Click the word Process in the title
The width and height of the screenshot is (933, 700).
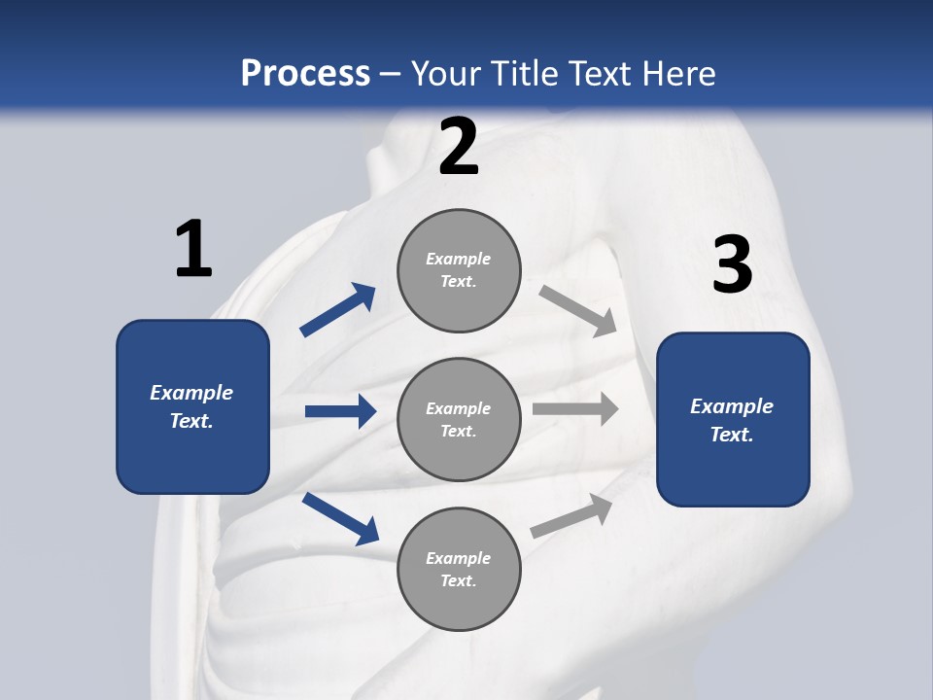pyautogui.click(x=305, y=73)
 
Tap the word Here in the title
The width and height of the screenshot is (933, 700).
pyautogui.click(x=678, y=73)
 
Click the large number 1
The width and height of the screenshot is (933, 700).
pyautogui.click(x=193, y=250)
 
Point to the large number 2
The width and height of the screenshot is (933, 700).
pyautogui.click(x=459, y=147)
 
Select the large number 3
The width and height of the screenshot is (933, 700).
pyautogui.click(x=732, y=265)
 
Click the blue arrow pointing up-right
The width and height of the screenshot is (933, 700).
pyautogui.click(x=338, y=310)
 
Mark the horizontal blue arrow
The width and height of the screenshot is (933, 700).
pyautogui.click(x=340, y=411)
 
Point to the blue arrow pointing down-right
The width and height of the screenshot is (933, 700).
pyautogui.click(x=340, y=518)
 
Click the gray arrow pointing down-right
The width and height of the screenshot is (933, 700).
pyautogui.click(x=578, y=310)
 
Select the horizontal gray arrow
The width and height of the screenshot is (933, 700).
pyautogui.click(x=574, y=409)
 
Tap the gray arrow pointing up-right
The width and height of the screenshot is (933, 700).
pyautogui.click(x=572, y=515)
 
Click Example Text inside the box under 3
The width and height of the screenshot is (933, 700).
pyautogui.click(x=732, y=420)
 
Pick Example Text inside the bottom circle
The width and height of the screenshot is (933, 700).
pyautogui.click(x=459, y=570)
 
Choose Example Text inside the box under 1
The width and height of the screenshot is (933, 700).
pyautogui.click(x=191, y=406)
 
